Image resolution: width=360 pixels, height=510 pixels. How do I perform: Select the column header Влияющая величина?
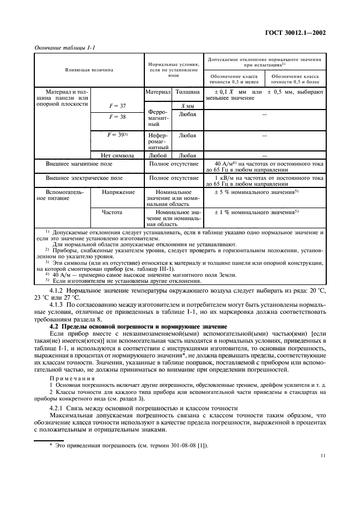point(90,70)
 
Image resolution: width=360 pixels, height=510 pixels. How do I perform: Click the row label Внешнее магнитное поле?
point(80,163)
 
